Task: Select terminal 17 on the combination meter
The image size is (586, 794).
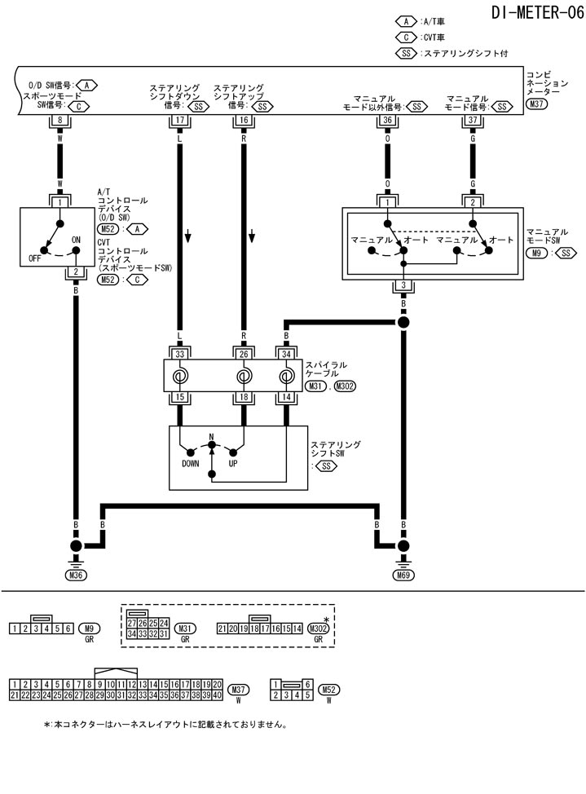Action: point(178,121)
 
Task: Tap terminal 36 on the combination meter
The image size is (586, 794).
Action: point(388,121)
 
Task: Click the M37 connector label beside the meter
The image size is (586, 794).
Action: point(536,104)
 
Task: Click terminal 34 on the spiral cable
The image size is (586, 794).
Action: point(286,355)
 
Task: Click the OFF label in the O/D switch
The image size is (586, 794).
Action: point(34,258)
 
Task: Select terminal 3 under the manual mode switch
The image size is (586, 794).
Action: point(403,285)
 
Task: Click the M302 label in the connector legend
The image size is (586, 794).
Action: point(319,628)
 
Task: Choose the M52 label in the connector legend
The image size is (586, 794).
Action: point(329,689)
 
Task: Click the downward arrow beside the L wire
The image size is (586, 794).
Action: point(188,236)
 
